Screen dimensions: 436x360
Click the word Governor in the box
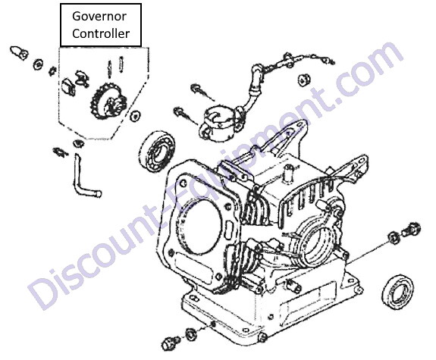(x=99, y=17)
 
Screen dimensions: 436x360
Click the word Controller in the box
(x=101, y=33)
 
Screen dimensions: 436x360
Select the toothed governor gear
(x=108, y=102)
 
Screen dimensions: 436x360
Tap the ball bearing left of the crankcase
(x=158, y=152)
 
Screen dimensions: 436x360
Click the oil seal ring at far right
(x=397, y=292)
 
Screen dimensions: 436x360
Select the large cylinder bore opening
(x=201, y=229)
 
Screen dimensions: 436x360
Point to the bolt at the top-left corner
(x=19, y=52)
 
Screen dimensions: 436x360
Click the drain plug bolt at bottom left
(x=171, y=344)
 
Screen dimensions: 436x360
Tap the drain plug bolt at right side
(x=412, y=229)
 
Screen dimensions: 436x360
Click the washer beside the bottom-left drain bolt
(x=191, y=334)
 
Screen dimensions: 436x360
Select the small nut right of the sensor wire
(x=304, y=80)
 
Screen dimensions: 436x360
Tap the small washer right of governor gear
(x=136, y=116)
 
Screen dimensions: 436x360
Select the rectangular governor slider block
(x=68, y=86)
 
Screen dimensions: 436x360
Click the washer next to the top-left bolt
(x=38, y=64)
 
